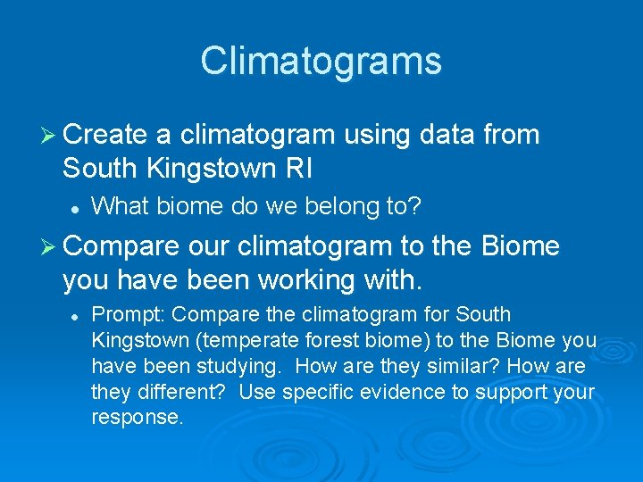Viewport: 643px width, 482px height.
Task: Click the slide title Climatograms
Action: point(321,62)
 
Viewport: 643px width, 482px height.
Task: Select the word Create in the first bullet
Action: point(105,135)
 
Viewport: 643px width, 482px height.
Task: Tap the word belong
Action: point(335,206)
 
